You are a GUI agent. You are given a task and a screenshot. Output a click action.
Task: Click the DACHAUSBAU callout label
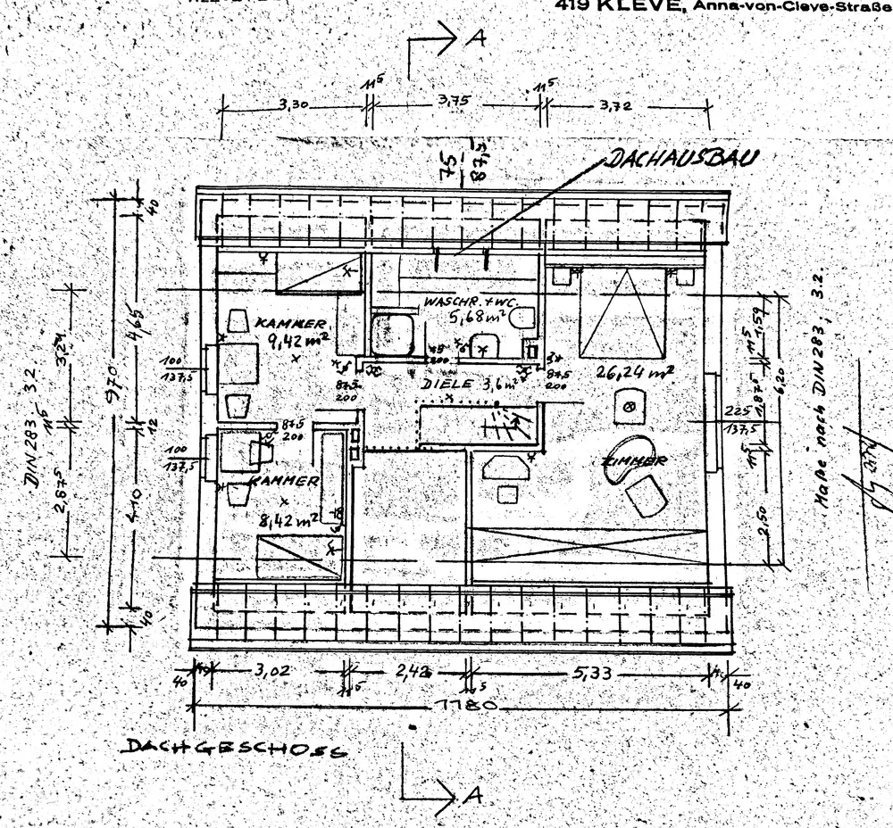tap(684, 160)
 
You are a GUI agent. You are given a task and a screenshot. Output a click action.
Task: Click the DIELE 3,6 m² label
tap(469, 385)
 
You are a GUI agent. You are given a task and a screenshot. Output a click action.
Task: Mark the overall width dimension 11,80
tap(463, 706)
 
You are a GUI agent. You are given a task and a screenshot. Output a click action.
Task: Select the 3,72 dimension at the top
tap(616, 106)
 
